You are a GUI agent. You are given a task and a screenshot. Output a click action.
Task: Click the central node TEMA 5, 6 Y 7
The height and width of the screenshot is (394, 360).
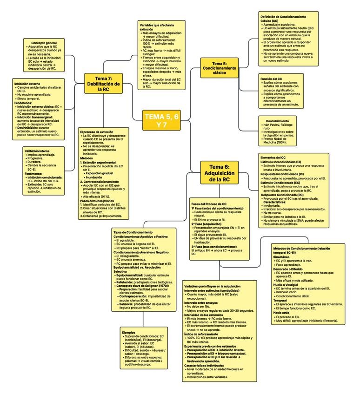161,121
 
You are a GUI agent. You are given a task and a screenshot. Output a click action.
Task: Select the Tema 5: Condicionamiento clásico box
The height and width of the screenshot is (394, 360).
219,68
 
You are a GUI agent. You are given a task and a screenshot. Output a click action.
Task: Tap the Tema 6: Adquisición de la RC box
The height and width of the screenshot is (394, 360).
220,172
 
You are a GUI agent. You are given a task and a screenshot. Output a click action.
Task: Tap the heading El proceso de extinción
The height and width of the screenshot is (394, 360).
96,132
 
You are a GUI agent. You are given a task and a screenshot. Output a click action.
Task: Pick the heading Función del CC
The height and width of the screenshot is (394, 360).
270,79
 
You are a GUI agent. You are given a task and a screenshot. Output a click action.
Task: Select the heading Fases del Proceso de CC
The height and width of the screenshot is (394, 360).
208,204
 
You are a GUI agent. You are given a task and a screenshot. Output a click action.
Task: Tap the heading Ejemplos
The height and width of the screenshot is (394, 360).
128,332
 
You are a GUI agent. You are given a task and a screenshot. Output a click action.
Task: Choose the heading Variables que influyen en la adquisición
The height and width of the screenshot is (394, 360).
212,286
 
